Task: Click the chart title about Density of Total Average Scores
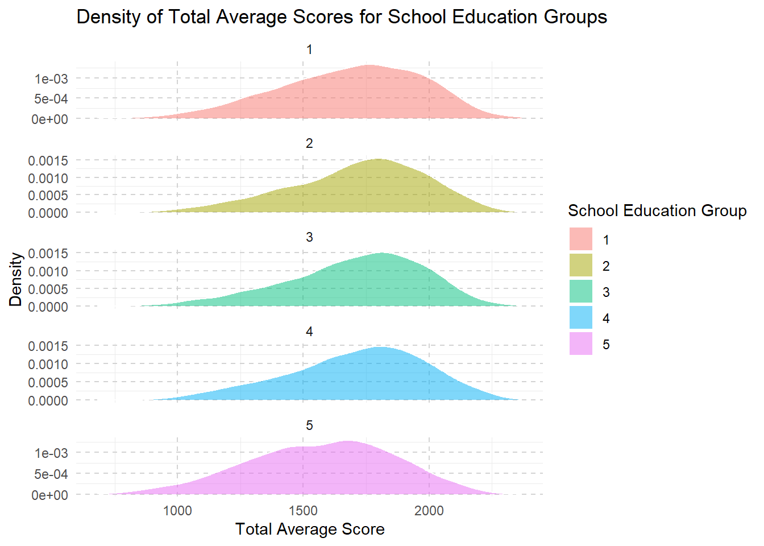click(342, 17)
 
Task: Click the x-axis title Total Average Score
click(310, 530)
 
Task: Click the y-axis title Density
click(16, 279)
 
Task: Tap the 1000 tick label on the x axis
click(177, 511)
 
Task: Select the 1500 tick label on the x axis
click(303, 511)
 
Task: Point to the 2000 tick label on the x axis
click(429, 511)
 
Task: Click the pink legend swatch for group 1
click(580, 239)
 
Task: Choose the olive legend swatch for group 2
click(580, 266)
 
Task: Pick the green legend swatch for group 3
click(580, 292)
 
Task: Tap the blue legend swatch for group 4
click(580, 318)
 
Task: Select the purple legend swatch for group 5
click(580, 344)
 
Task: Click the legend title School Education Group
click(657, 211)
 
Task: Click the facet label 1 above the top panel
click(309, 50)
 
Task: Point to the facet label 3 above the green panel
click(309, 238)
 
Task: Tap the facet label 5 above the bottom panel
click(309, 426)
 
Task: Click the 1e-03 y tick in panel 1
click(51, 79)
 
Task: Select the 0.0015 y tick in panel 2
click(48, 161)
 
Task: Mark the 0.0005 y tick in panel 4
click(48, 382)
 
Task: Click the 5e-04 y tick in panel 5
click(51, 474)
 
